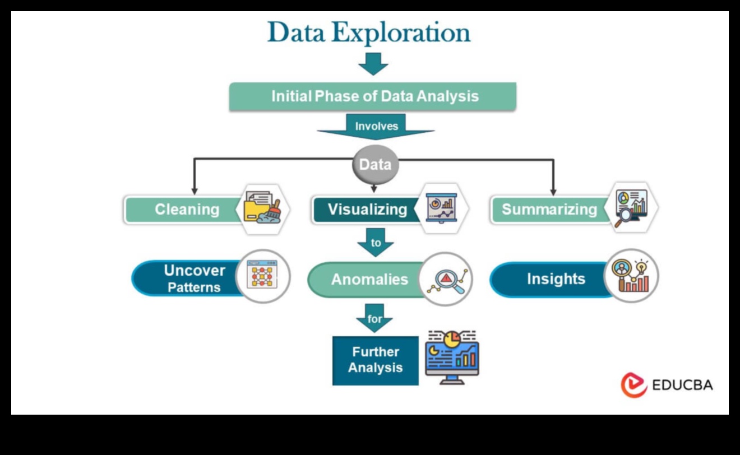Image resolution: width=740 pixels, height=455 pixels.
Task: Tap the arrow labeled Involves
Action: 376,127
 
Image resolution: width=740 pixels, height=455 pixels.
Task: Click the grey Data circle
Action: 375,165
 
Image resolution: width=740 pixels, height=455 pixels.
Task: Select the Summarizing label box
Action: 548,210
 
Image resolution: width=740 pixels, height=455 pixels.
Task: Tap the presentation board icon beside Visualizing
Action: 442,208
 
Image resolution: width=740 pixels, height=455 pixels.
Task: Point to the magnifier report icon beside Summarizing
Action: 631,207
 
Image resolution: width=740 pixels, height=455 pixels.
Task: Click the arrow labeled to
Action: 376,242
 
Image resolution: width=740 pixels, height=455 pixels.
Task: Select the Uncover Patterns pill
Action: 186,278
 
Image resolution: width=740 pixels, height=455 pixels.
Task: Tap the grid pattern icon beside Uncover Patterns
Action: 262,276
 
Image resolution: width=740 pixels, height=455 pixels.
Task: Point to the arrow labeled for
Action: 374,318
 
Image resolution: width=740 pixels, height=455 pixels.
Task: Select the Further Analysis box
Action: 375,360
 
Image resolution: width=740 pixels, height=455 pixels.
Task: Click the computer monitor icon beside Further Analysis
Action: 452,357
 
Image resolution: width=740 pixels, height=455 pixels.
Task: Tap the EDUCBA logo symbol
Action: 633,385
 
